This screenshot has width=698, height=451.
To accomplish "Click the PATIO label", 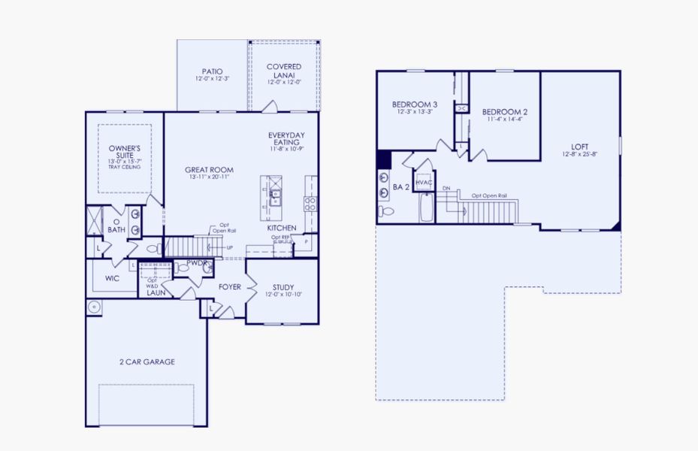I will pos(213,71).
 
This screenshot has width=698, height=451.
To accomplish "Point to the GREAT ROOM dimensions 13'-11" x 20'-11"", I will pos(210,178).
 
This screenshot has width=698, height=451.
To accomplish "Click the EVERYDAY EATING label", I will pos(286,138).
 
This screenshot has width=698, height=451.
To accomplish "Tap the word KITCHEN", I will pos(282,228).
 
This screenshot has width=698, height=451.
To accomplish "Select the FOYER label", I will pos(229,287).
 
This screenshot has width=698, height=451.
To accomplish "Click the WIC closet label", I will pos(112,278).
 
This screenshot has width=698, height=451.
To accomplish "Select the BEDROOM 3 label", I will pos(415,104).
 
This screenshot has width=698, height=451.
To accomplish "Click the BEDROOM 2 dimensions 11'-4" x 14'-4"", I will pos(504,119).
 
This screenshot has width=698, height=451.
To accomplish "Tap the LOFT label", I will pos(579,147).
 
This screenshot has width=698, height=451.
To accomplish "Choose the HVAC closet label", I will pos(424,183).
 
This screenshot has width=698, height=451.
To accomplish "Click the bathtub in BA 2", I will pos(427,209).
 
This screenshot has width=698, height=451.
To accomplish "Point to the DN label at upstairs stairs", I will pos(446,188).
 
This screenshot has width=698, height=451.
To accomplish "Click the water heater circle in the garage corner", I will pos(94,307).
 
